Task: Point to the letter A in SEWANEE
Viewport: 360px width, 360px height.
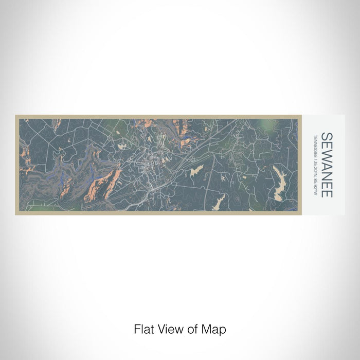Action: [327, 165]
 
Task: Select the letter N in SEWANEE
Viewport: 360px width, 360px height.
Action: [327, 175]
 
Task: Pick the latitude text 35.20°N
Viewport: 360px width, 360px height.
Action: [315, 168]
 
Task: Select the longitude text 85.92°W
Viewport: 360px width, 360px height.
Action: [315, 186]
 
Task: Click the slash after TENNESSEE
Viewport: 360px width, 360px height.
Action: [315, 158]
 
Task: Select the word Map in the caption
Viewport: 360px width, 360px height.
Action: [213, 329]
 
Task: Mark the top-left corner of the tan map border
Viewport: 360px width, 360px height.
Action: [16, 116]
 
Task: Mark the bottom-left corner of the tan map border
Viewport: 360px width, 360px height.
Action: [16, 214]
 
